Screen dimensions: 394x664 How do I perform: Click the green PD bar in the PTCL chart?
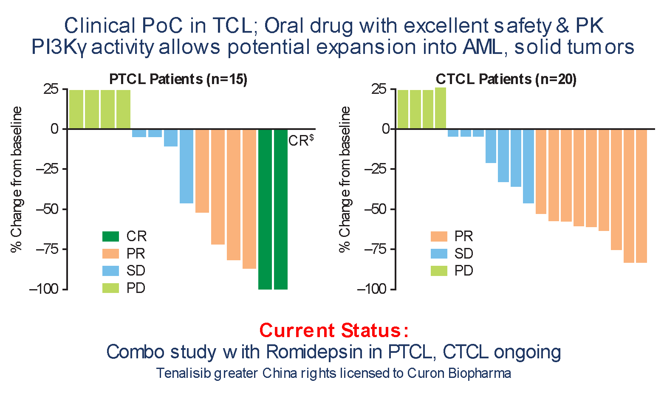click(x=100, y=109)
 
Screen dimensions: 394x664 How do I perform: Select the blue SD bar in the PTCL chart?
click(x=163, y=166)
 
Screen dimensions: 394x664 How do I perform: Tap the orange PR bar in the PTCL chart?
click(x=226, y=199)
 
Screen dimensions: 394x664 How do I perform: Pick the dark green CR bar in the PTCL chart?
click(x=273, y=209)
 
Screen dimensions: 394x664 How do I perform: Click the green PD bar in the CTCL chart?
click(x=421, y=108)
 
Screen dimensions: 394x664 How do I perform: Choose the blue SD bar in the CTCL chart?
click(x=491, y=166)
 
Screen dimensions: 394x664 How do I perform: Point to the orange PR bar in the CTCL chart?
click(x=591, y=196)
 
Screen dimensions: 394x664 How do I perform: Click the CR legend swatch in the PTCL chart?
click(x=111, y=236)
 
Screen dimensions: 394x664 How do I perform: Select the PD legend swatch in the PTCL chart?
click(x=111, y=288)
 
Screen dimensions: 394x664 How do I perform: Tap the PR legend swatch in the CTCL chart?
click(x=439, y=236)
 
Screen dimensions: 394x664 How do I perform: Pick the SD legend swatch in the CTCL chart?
click(x=439, y=253)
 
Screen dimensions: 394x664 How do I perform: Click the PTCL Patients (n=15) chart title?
click(x=178, y=80)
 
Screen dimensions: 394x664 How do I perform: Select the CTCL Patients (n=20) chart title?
click(x=506, y=80)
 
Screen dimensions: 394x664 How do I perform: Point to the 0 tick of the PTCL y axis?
click(x=55, y=129)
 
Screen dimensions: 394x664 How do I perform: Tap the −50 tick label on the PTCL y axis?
click(x=47, y=209)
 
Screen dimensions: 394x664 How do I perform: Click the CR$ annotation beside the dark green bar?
click(x=301, y=140)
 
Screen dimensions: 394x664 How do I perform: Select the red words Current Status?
click(x=334, y=330)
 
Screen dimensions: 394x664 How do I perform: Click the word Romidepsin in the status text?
click(x=314, y=352)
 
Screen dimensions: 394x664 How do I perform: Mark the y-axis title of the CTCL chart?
click(x=345, y=179)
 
